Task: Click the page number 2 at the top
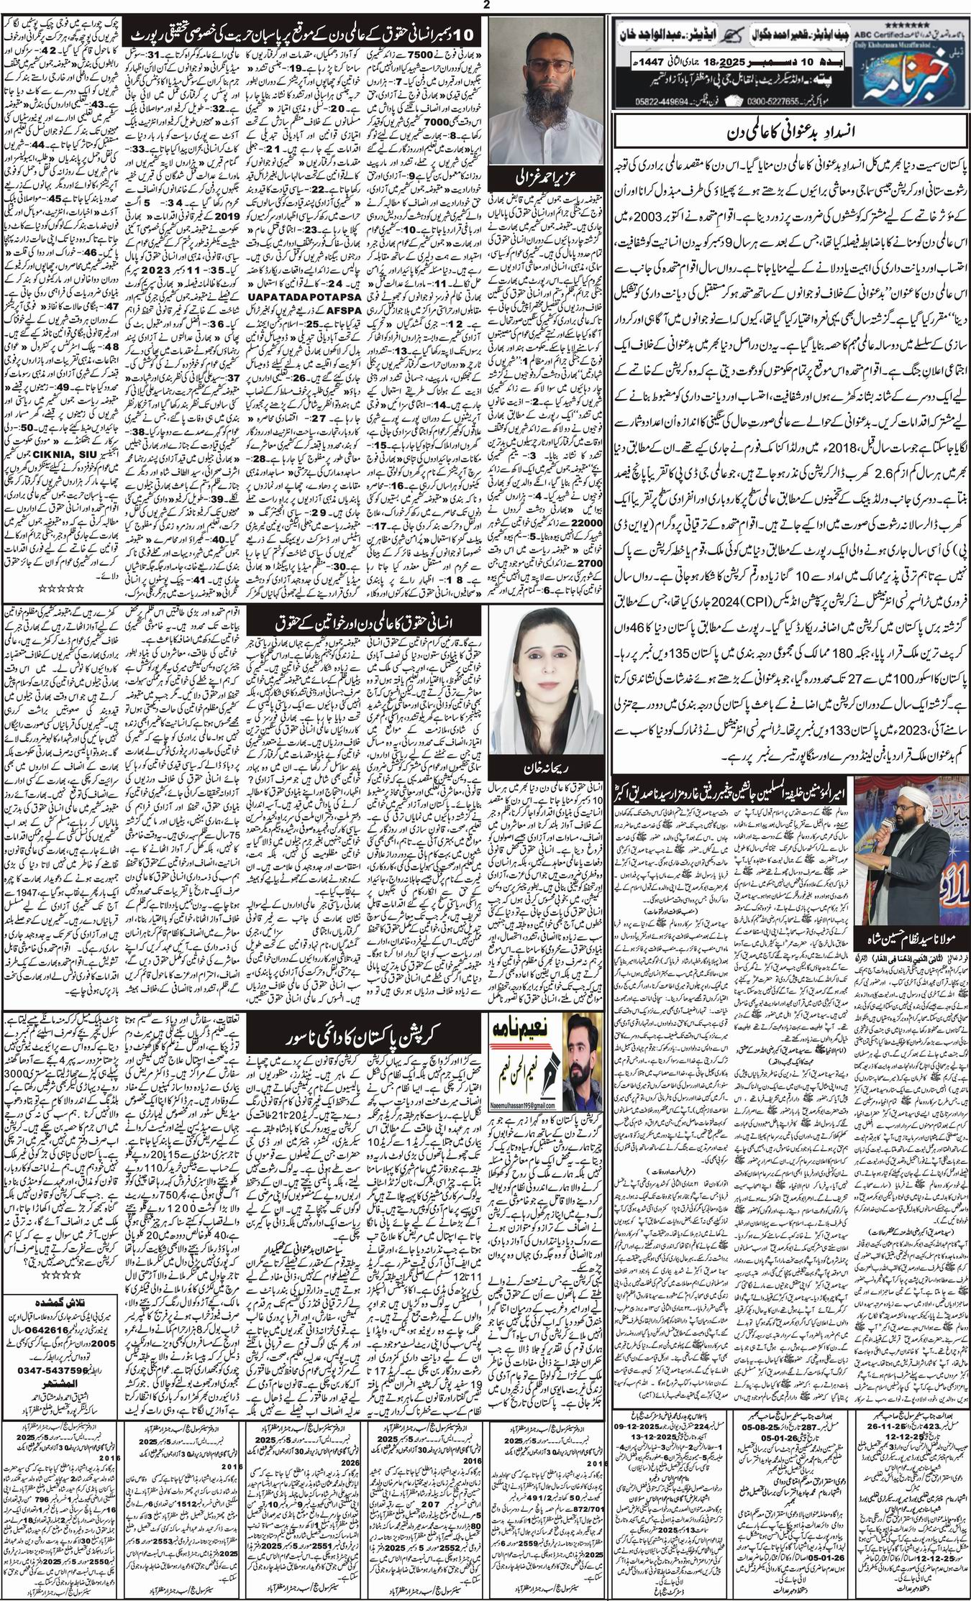coord(486,6)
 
